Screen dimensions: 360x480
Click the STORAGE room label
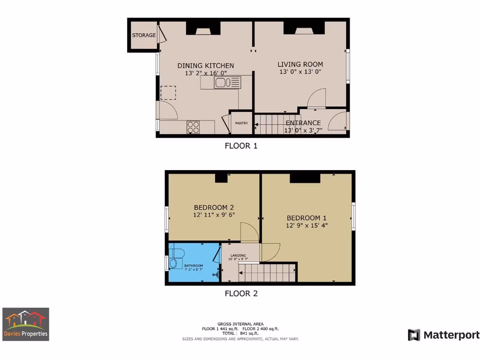(143, 35)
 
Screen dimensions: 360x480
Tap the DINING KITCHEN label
(205, 66)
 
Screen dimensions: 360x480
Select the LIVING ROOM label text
(300, 65)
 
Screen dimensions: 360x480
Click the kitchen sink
(227, 82)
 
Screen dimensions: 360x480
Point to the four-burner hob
(193, 127)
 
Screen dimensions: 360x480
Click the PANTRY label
(241, 123)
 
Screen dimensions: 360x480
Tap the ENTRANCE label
(303, 123)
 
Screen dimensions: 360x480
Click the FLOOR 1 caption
(241, 146)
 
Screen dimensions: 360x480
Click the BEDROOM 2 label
(214, 208)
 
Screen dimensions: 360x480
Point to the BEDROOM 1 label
(307, 218)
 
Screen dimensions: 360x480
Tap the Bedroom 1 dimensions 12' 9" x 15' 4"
(307, 225)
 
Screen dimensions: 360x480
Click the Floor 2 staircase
(267, 272)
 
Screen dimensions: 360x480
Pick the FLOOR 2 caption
(241, 294)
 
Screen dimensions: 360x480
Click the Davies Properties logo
(26, 324)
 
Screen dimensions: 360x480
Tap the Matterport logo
(443, 335)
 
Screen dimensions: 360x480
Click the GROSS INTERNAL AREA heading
(240, 324)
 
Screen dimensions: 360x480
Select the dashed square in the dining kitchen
(168, 93)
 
